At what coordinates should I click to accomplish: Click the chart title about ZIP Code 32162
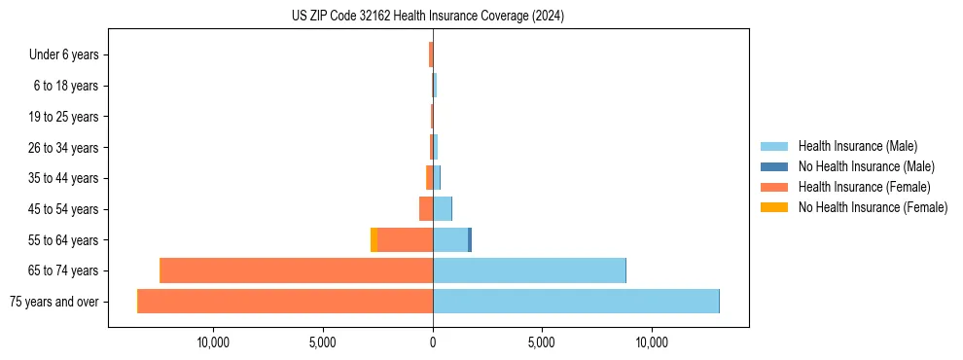(x=428, y=17)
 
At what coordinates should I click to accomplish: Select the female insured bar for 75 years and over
(x=285, y=302)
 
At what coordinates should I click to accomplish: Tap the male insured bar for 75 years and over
(x=576, y=302)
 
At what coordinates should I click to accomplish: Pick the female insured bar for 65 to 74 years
(x=297, y=270)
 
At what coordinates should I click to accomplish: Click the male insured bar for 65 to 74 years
(x=529, y=270)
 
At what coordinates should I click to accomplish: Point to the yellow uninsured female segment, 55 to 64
(x=374, y=239)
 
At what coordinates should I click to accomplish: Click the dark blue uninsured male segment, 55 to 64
(x=470, y=239)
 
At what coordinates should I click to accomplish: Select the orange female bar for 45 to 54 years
(x=426, y=209)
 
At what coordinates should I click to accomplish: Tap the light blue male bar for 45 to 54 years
(x=442, y=209)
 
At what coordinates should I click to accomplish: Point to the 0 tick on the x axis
(x=433, y=342)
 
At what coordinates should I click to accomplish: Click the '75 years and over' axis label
(x=54, y=302)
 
